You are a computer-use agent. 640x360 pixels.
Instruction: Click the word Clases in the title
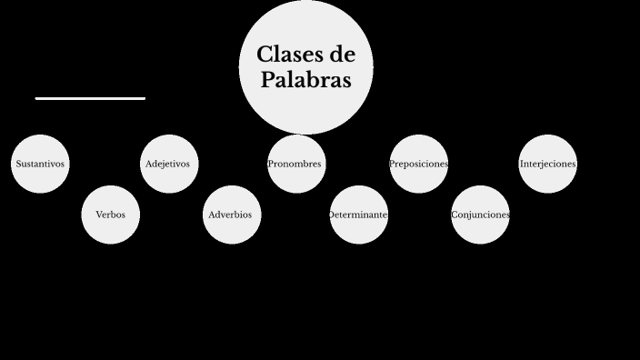[x=287, y=55]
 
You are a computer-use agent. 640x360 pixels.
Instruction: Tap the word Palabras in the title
[x=305, y=80]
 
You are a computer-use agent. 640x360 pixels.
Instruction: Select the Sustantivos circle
[x=40, y=164]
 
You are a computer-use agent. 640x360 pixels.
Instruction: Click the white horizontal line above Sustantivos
[x=90, y=98]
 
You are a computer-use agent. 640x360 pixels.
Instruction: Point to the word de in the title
[x=339, y=55]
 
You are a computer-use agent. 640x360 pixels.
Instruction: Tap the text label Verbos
[x=111, y=215]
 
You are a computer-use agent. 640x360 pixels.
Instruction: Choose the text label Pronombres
[x=295, y=165]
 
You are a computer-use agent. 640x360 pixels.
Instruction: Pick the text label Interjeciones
[x=547, y=165]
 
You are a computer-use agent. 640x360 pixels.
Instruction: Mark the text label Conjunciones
[x=480, y=215]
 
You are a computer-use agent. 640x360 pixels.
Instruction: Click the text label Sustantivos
[x=40, y=165]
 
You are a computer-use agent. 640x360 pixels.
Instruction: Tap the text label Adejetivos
[x=167, y=165]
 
